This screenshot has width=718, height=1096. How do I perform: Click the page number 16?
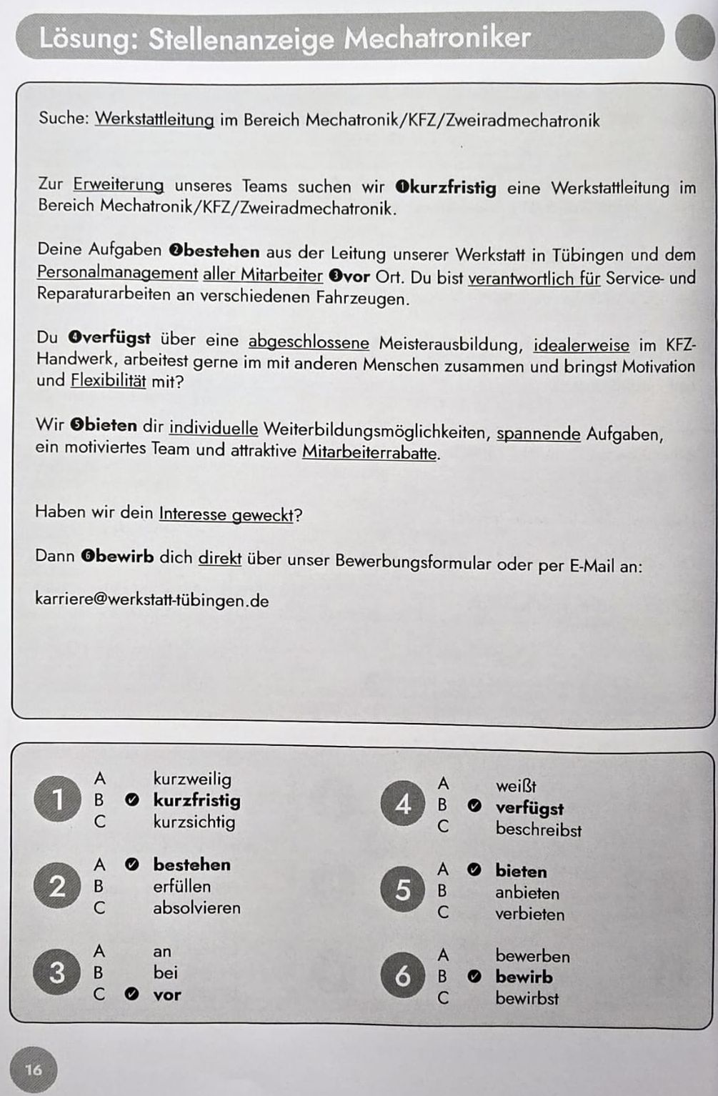(x=33, y=1070)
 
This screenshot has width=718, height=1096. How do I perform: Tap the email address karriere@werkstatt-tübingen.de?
(x=151, y=599)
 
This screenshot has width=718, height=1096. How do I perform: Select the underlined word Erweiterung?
(x=119, y=184)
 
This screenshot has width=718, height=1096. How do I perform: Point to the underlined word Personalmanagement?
(x=117, y=273)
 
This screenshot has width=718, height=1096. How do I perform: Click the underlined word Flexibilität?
(x=108, y=381)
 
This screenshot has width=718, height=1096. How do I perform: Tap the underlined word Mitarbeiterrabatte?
(x=371, y=452)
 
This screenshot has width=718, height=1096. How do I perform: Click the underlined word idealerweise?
(x=582, y=345)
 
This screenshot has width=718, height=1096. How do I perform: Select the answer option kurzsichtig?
(x=194, y=822)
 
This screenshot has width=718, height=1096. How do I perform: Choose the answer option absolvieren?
(x=196, y=907)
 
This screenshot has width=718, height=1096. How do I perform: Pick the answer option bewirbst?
(x=527, y=998)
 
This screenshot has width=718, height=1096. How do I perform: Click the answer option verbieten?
(x=529, y=914)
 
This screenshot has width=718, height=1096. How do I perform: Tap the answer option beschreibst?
(x=539, y=830)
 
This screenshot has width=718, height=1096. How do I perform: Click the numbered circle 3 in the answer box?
(x=57, y=972)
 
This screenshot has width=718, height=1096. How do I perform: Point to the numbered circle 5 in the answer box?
(x=403, y=890)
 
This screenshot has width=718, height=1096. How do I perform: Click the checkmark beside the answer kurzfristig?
(x=132, y=800)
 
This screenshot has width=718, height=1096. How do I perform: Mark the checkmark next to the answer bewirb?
(x=474, y=977)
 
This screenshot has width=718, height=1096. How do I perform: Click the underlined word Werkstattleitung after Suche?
(x=154, y=119)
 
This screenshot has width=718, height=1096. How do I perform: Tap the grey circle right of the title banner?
(x=694, y=39)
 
